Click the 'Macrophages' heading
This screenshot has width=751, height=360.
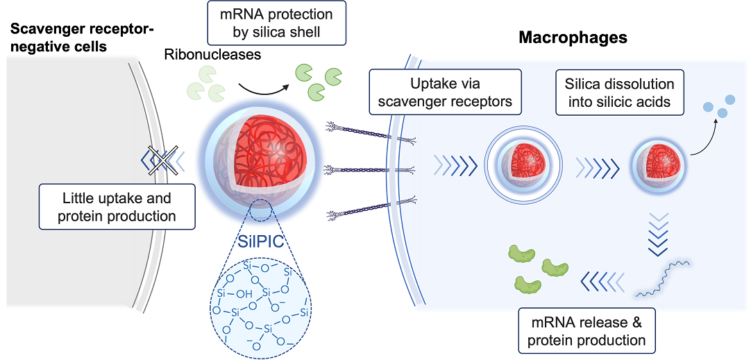(x=573, y=37)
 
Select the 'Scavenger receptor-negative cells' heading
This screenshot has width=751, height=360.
(x=82, y=38)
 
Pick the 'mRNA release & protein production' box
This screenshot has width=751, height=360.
(x=587, y=331)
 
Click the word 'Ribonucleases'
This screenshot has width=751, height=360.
(x=212, y=55)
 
